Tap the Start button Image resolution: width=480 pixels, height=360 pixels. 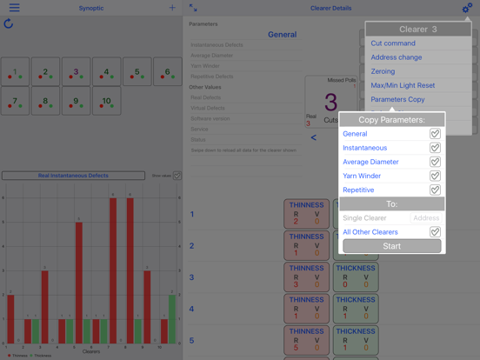(x=391, y=246)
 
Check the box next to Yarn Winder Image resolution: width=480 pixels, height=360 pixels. (x=435, y=176)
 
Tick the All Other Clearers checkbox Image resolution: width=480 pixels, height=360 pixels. (x=435, y=232)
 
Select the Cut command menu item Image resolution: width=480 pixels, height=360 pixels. (x=393, y=43)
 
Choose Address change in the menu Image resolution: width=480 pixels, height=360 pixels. (x=397, y=57)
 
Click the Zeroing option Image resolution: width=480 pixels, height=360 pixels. (x=383, y=71)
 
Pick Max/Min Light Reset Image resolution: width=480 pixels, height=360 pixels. (x=403, y=85)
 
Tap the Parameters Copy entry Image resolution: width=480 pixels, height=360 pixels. (x=397, y=99)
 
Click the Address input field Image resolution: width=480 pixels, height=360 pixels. (x=426, y=218)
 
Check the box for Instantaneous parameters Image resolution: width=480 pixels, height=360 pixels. (x=435, y=148)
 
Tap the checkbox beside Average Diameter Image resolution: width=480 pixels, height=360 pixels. (x=435, y=162)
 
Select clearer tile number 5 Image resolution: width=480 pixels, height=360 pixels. (x=137, y=72)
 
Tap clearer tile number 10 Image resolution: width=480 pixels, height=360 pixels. (x=107, y=102)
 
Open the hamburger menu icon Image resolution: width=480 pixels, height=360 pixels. (x=14, y=8)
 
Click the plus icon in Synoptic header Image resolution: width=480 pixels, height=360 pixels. (x=172, y=8)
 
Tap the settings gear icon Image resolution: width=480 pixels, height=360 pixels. (x=467, y=8)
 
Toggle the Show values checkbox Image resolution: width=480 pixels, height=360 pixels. (x=177, y=176)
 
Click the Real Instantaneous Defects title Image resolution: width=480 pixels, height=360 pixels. (x=73, y=176)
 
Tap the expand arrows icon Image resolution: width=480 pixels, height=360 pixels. (x=193, y=8)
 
